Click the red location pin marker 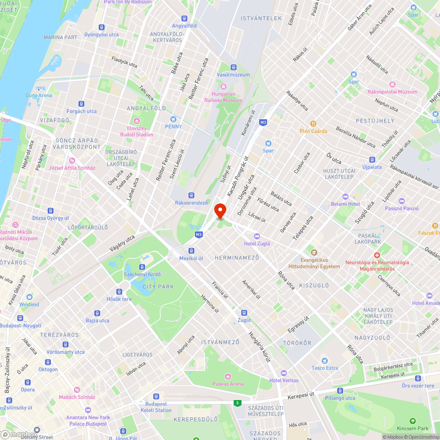coord(220,210)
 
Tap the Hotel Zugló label coord(257,243)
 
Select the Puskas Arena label coord(227,384)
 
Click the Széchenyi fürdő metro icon coord(142,267)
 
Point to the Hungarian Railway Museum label coord(223,97)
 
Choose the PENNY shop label coord(173,127)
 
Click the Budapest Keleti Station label coord(156,407)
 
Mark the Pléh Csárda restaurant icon coord(313,124)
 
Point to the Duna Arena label coord(39,95)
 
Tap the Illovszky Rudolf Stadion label coord(137,132)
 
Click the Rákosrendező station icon coord(191,195)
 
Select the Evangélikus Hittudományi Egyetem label coord(314,264)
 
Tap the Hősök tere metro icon coord(119,292)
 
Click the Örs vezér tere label coord(418,386)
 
